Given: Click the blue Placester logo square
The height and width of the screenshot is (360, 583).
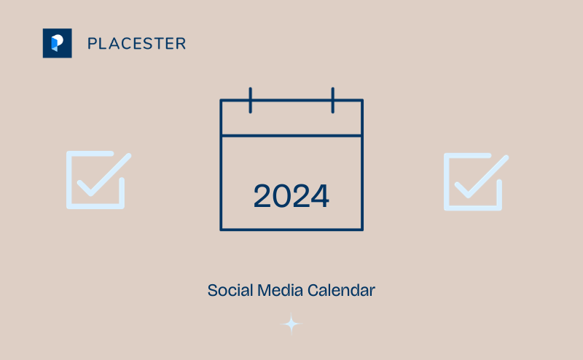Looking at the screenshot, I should coord(57,43).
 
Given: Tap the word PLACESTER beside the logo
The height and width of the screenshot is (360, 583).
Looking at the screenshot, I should coord(136,44).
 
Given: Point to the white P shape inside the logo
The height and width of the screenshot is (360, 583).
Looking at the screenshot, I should coord(57,42).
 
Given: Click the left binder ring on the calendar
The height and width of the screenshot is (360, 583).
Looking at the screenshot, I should coord(250,100).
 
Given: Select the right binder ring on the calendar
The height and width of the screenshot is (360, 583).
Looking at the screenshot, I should coord(332,100).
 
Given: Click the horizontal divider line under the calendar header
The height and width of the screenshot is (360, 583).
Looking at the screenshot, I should coord(291,136).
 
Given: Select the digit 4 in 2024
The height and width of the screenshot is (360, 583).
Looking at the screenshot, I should coord(320,196).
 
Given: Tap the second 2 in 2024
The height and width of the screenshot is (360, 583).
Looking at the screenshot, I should coord(301,196).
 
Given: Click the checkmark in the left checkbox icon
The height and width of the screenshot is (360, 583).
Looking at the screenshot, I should coord(103,175).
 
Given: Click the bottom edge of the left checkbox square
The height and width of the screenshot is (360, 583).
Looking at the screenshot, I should coord(95,206).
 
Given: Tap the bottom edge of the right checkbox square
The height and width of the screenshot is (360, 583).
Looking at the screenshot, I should coord(473,208).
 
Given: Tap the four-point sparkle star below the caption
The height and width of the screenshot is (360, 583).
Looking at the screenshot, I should coord(291,324).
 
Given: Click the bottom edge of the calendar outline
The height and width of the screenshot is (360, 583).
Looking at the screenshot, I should coord(291,230).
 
